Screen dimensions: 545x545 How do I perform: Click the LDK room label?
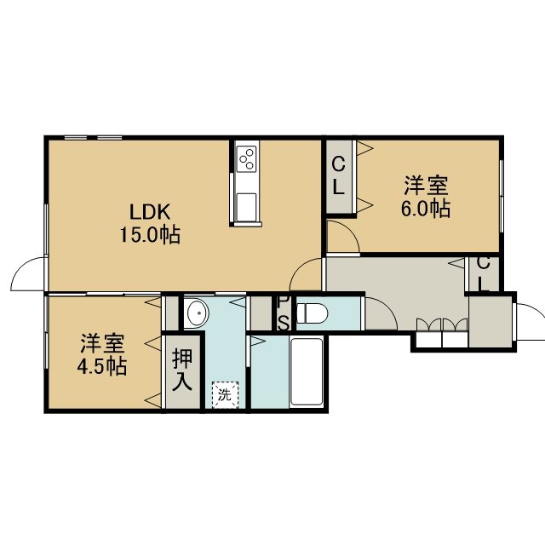(150, 212)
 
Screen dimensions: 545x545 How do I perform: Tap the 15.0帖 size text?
(150, 235)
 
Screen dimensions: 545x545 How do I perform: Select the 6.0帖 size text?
(426, 209)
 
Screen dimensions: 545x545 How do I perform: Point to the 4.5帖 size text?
(102, 366)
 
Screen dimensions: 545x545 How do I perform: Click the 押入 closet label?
(182, 370)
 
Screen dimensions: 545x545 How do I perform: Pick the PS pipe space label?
(283, 313)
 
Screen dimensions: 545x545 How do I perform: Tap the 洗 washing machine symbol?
(225, 395)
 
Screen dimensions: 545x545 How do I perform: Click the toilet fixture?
(313, 313)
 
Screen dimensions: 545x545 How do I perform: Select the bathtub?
(307, 372)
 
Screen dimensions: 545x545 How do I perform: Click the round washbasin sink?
(198, 313)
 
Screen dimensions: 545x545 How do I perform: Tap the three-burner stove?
(246, 158)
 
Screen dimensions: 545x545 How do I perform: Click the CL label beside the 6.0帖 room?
(339, 176)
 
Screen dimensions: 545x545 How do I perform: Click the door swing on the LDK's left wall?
(29, 274)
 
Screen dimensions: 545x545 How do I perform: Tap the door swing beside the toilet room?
(381, 313)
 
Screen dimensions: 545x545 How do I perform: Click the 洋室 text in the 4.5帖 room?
(102, 343)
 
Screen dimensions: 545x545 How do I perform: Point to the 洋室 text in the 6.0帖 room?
(426, 186)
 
